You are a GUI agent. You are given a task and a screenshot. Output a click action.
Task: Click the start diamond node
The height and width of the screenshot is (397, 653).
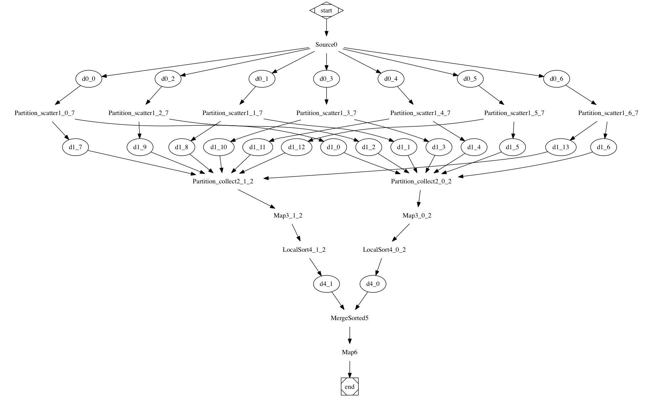[x=326, y=10]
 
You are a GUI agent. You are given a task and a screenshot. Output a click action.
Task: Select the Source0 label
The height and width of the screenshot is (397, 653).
[x=326, y=45]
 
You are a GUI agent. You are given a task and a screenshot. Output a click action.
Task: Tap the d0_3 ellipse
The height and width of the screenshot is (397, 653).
[x=326, y=79]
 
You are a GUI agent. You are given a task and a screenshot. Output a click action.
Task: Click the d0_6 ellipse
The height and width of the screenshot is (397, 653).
[x=557, y=79]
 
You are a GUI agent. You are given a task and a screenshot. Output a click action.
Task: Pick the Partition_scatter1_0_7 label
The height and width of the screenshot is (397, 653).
[x=44, y=113]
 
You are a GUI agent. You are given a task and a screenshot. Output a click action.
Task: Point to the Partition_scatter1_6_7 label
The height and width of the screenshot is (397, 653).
[x=608, y=113]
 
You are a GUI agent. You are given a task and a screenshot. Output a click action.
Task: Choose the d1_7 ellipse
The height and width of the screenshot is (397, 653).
[x=75, y=147]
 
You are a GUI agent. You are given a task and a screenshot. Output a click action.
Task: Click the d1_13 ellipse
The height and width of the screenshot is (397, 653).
[x=561, y=147]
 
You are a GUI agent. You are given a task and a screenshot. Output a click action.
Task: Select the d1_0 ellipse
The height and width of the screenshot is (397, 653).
[x=333, y=147]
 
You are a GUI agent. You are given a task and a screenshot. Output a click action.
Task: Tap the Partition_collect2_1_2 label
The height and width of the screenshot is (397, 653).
[x=223, y=181]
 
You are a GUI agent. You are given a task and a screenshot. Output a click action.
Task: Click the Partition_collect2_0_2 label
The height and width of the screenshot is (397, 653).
[x=421, y=181]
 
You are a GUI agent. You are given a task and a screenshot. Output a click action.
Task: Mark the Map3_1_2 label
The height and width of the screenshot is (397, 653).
[x=288, y=215]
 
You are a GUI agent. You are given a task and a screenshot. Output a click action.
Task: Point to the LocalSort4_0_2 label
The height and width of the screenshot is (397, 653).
[x=384, y=250]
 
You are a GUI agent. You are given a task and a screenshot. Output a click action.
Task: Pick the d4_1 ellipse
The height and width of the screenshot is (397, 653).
[x=326, y=284]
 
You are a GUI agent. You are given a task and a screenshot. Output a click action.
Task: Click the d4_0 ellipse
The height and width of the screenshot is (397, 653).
[x=373, y=284]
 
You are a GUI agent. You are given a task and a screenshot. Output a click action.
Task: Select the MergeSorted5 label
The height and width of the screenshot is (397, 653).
[x=349, y=318]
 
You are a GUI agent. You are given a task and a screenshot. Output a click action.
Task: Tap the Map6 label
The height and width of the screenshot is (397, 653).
[x=349, y=352]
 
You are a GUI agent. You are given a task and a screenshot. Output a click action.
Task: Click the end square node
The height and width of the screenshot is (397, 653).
[x=349, y=387]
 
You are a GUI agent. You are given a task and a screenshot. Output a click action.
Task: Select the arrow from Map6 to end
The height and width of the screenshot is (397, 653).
[x=349, y=369]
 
